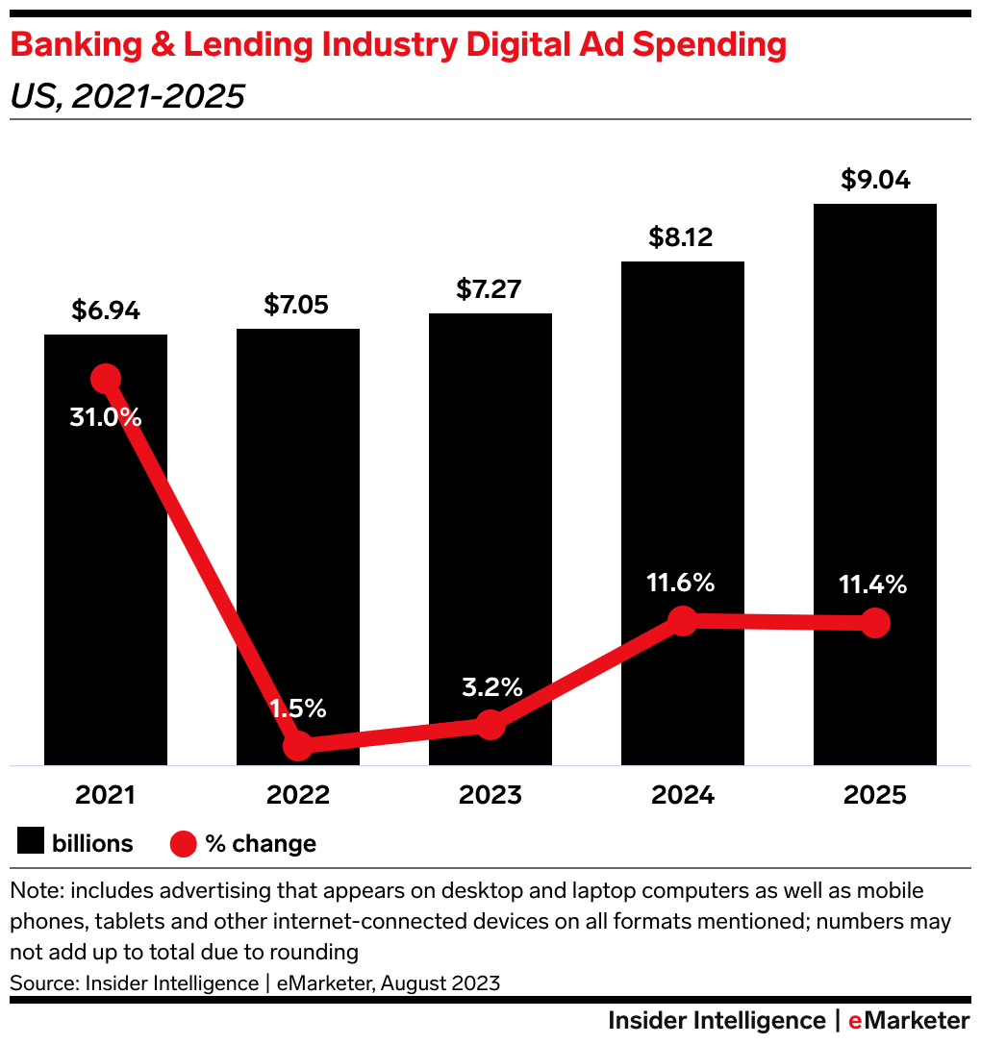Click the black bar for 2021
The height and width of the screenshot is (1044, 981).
pyautogui.click(x=106, y=577)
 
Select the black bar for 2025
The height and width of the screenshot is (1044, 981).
pyautogui.click(x=875, y=433)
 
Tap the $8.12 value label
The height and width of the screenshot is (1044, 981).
pyautogui.click(x=681, y=236)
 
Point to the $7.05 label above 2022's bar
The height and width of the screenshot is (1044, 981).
pyautogui.click(x=296, y=305)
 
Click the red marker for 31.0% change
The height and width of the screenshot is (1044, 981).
pyautogui.click(x=106, y=379)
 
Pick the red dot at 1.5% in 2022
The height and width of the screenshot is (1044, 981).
pyautogui.click(x=298, y=745)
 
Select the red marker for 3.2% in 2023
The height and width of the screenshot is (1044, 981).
pyautogui.click(x=490, y=725)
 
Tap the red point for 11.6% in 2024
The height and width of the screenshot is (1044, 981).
pyautogui.click(x=682, y=621)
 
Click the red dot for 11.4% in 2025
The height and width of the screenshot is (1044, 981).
pyautogui.click(x=874, y=623)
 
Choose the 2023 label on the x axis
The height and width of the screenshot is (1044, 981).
pyautogui.click(x=490, y=796)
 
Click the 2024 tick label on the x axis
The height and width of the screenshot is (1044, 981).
pyautogui.click(x=682, y=796)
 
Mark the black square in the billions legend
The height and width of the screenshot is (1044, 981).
pyautogui.click(x=31, y=843)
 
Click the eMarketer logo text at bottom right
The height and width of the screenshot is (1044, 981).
pyautogui.click(x=909, y=1020)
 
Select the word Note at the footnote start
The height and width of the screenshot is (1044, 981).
pyautogui.click(x=35, y=891)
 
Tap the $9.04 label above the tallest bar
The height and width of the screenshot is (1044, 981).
pyautogui.click(x=874, y=180)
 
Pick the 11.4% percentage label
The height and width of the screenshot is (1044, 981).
pyautogui.click(x=873, y=584)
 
